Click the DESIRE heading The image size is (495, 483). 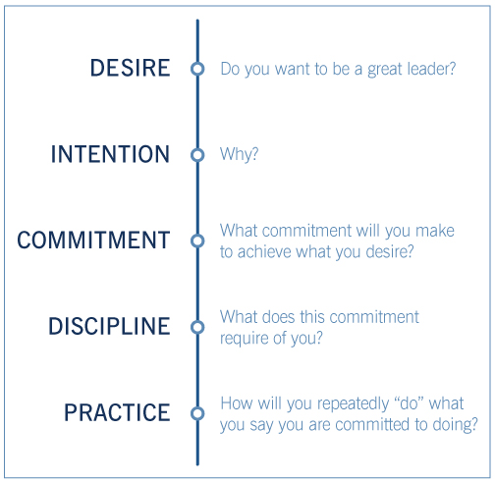click(130, 68)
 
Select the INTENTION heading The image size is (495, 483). click(110, 154)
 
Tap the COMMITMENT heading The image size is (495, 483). click(93, 241)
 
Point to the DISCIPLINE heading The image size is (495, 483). click(109, 326)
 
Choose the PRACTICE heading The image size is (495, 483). click(117, 412)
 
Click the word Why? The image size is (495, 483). click(240, 154)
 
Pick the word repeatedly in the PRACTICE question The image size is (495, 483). click(352, 404)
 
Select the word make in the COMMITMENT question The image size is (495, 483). click(435, 231)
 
